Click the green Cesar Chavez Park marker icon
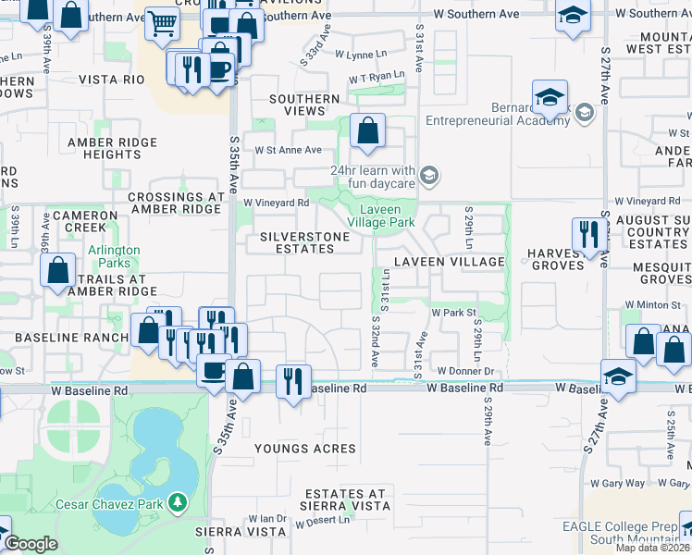coord(177,503)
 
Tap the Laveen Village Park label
coord(387,216)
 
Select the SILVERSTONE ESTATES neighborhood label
coord(305,243)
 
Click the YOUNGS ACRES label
coord(305,449)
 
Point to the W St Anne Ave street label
coord(288,150)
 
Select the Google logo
coord(31,544)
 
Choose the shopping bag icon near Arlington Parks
coord(57,271)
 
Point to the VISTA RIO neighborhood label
coord(112,80)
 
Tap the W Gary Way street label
coord(622,483)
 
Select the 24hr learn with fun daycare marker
coord(428,174)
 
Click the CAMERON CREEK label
coord(85,221)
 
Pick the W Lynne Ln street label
coord(361,55)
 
